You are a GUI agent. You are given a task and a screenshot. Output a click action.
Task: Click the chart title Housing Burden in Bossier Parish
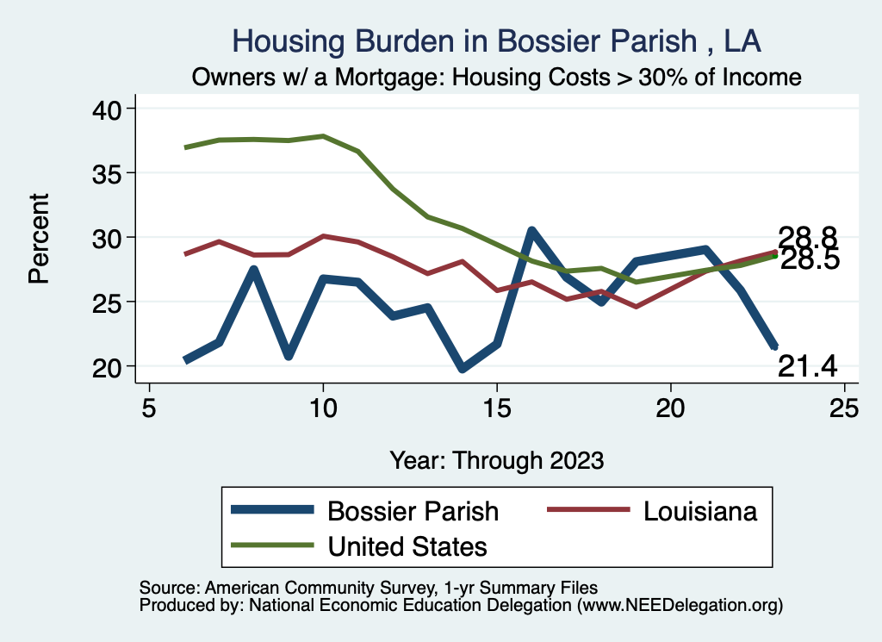point(497,41)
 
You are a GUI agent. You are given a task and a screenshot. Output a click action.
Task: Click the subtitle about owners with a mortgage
point(497,78)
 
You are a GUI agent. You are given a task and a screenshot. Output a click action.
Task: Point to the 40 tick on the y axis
point(110,109)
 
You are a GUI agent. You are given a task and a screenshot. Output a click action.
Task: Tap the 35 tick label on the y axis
point(110,173)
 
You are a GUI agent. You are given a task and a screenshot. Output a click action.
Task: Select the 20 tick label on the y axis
point(110,366)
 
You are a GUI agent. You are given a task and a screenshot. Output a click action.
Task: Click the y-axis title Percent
point(39,238)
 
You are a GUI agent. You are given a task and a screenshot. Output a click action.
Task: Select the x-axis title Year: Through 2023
point(497,459)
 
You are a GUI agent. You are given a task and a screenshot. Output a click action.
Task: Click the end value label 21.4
point(808,366)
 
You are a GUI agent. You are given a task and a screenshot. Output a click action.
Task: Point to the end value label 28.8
point(808,237)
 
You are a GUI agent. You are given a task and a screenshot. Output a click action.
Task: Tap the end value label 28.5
point(810,259)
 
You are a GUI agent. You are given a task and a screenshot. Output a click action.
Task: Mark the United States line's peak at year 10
point(323,136)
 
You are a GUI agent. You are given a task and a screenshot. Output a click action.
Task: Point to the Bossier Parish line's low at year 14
point(462,369)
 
